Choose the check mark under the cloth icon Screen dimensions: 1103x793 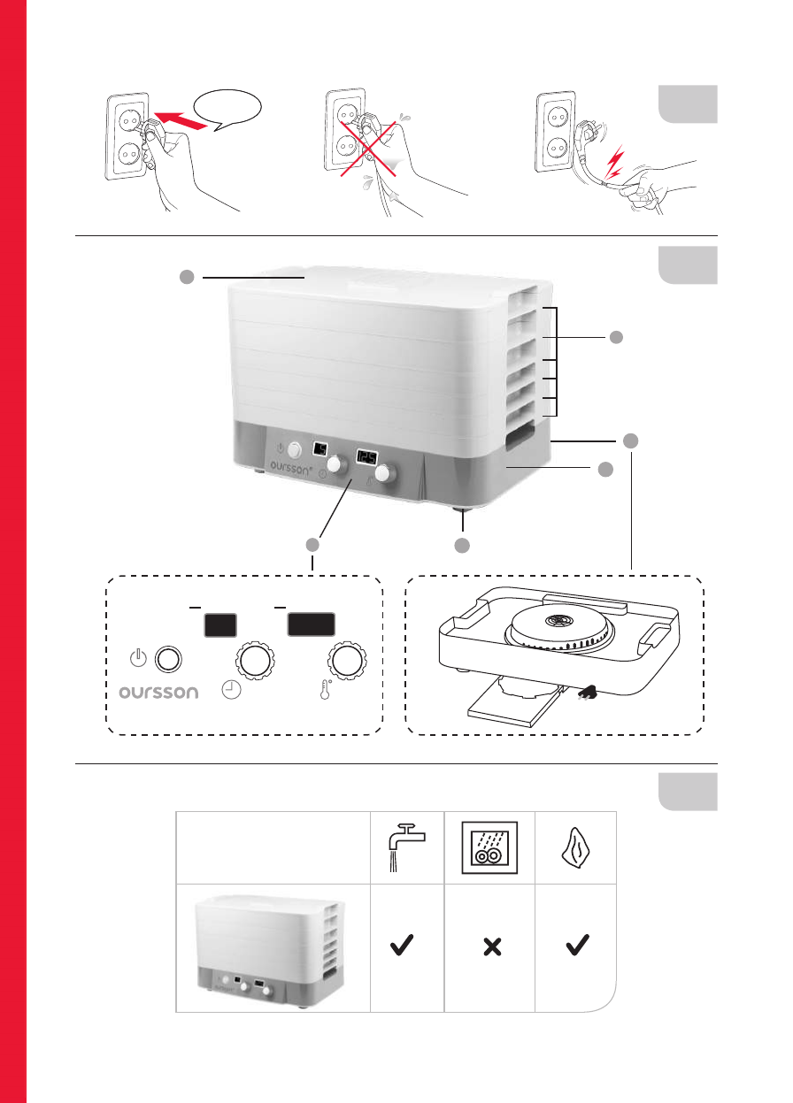[576, 947]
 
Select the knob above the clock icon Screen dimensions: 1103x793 [254, 661]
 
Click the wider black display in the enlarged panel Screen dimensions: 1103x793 [311, 624]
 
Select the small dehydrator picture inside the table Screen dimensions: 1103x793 [272, 947]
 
